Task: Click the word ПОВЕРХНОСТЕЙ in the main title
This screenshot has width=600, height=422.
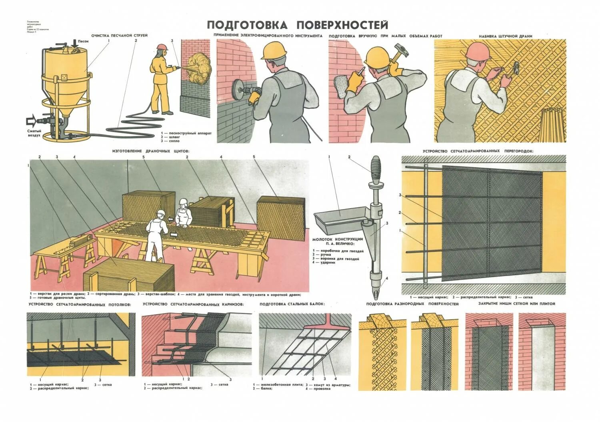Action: (x=342, y=25)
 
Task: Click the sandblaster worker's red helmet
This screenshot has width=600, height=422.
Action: (x=162, y=47)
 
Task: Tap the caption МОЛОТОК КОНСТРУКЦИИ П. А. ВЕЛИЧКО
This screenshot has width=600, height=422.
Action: (x=338, y=241)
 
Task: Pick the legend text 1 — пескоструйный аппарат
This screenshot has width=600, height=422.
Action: (x=186, y=133)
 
